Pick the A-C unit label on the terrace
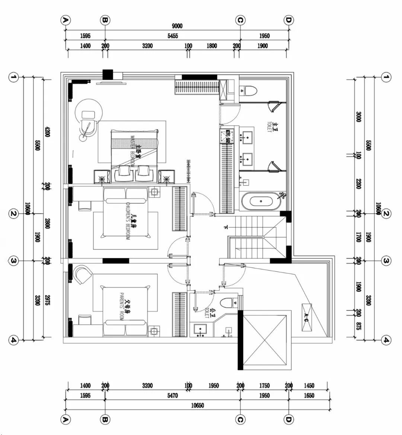pos(306,317)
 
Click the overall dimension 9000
pos(177,26)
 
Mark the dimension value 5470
pos(172,396)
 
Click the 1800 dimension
pos(211,46)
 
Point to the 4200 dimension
pos(47,132)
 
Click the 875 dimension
pos(358,327)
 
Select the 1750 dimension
pos(264,386)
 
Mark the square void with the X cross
pos(265,340)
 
